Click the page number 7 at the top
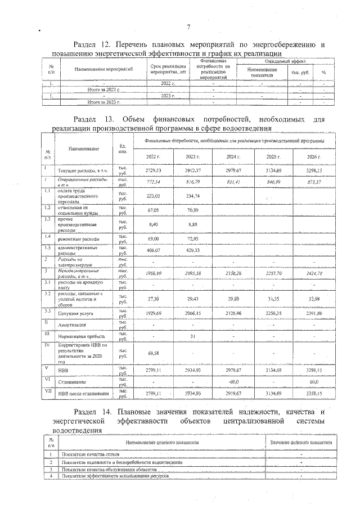pos(190,26)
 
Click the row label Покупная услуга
pos(74,314)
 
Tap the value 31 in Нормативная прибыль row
pos(192,336)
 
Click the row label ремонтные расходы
pos(79,240)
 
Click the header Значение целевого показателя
pos(301,443)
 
